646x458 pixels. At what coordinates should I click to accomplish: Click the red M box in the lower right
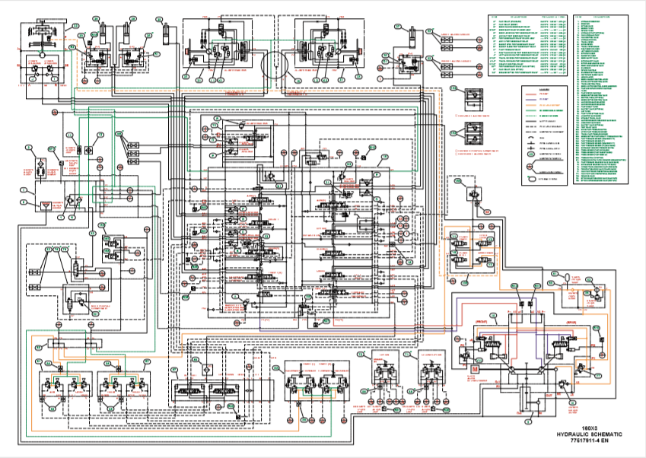coord(475,369)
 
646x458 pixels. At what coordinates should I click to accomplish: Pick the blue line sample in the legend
coord(528,99)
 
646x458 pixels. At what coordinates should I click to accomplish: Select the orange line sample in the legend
coord(528,106)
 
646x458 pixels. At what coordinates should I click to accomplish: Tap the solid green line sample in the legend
coord(528,113)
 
